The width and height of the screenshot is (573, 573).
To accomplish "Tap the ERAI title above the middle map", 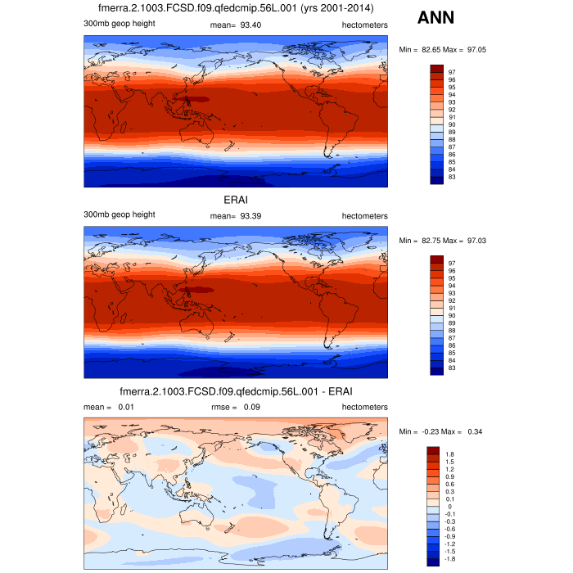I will point(235,200).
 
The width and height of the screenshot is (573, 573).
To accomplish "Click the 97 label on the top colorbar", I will point(451,72).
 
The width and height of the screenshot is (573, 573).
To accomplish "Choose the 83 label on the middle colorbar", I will point(451,369).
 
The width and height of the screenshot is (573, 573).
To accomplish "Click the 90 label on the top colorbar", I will point(451,124).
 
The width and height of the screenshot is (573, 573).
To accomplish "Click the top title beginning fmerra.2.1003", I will point(235,9).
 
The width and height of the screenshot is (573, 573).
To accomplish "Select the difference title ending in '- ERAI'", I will point(235,391).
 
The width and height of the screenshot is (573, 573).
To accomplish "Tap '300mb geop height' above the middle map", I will point(120,214).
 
